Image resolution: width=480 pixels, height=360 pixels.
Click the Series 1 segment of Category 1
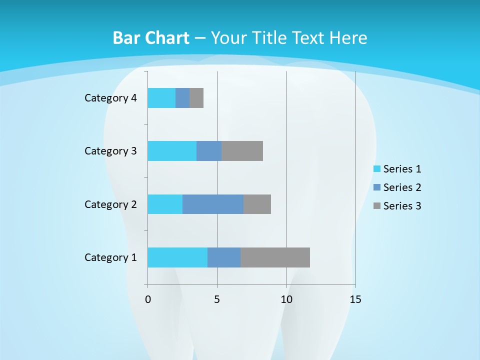(x=177, y=257)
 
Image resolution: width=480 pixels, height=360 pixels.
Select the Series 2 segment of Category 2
(x=213, y=204)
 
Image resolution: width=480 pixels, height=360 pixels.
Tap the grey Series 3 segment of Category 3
(x=242, y=151)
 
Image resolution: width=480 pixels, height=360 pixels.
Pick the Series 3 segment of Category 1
(x=275, y=257)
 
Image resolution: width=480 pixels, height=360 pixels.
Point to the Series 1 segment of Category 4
(x=161, y=98)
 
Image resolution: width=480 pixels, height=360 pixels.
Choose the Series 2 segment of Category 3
(x=209, y=151)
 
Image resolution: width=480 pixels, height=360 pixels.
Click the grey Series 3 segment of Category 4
(x=196, y=98)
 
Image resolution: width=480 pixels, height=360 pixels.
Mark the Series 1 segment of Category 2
(x=165, y=204)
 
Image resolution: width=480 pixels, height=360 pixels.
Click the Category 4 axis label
(x=110, y=98)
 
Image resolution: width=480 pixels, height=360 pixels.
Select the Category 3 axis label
(x=110, y=151)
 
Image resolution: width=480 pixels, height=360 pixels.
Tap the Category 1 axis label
(x=110, y=257)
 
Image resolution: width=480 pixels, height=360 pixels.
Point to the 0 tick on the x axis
(x=148, y=299)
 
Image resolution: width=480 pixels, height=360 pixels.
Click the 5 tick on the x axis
(x=217, y=299)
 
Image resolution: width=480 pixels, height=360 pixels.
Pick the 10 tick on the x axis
(x=286, y=299)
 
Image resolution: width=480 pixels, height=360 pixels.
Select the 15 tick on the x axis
(x=355, y=299)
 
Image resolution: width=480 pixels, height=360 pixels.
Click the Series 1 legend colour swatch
(x=377, y=169)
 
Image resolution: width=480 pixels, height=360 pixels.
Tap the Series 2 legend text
(x=402, y=187)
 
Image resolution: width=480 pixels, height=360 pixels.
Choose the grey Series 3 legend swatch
(x=377, y=206)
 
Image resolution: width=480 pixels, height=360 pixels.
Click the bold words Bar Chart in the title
(x=151, y=38)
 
